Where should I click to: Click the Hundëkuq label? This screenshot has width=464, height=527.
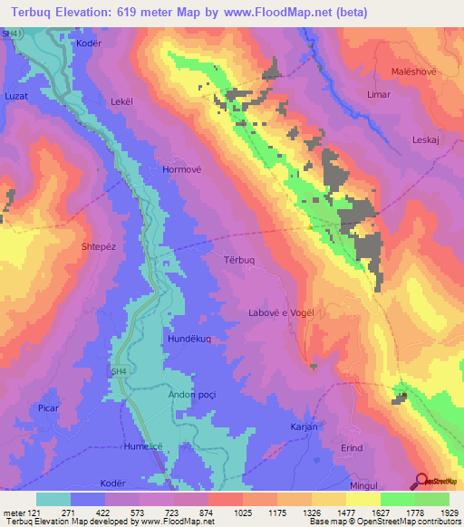pos(188,338)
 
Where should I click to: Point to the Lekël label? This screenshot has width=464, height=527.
pos(121,102)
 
